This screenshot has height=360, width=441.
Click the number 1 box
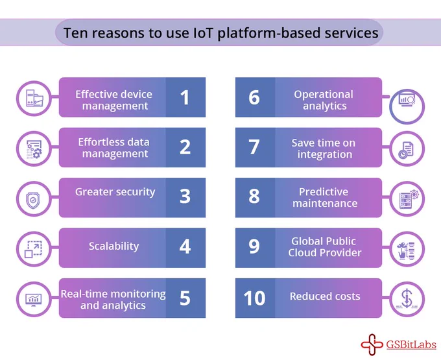(x=185, y=97)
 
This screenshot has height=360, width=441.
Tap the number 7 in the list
(x=254, y=147)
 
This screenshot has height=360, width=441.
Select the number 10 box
(x=255, y=298)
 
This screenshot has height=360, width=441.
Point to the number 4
(x=185, y=246)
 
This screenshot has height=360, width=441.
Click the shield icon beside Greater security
(x=33, y=200)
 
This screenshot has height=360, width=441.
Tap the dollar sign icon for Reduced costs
(x=407, y=299)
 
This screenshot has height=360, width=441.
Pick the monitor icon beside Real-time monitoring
(x=34, y=299)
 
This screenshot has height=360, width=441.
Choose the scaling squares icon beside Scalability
(x=34, y=249)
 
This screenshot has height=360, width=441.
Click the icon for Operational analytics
(x=407, y=100)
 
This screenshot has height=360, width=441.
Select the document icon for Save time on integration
(x=406, y=149)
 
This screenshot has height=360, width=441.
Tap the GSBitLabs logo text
(x=411, y=344)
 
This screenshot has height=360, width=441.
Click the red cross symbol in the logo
(x=372, y=344)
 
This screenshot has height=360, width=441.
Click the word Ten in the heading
(x=75, y=33)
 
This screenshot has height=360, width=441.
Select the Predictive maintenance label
(x=325, y=197)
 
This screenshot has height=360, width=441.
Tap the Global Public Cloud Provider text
(x=324, y=247)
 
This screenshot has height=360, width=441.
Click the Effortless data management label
(x=114, y=148)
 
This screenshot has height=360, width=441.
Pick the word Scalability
(x=114, y=246)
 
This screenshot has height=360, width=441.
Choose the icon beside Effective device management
(x=34, y=98)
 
